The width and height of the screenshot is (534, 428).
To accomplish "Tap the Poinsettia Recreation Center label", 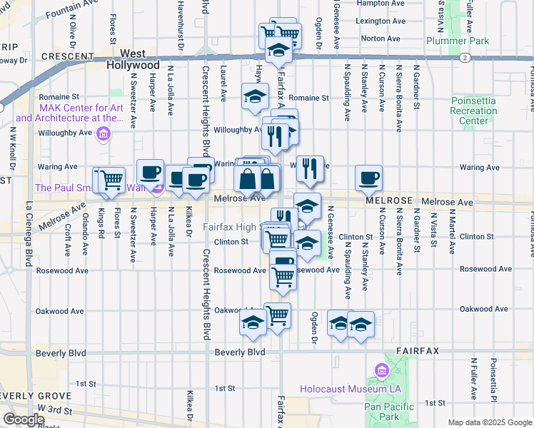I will point(473,111).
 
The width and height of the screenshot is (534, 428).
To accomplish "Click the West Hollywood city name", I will point(133,58).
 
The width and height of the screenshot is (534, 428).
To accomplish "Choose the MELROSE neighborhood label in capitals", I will point(389,202).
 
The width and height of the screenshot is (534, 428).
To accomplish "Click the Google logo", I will point(24,419).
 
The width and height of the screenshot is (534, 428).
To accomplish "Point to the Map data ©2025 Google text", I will point(490,422).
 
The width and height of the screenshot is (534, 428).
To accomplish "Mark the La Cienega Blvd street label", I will point(29,235).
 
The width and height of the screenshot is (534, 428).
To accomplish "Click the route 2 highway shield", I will point(465,57).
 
